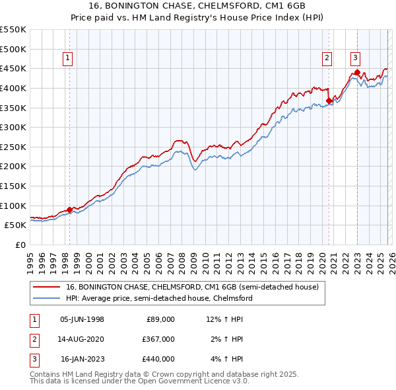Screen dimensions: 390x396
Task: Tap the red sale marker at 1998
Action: coord(69,210)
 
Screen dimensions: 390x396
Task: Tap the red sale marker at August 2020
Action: coord(329,101)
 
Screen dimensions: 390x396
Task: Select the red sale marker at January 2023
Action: coord(357,72)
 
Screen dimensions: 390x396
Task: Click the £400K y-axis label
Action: coord(13,88)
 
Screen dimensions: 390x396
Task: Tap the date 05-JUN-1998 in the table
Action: coord(82,319)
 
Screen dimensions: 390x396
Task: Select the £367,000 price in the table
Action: coord(159,339)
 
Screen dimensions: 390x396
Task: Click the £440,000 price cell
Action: coord(159,359)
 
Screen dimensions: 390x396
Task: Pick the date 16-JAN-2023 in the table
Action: coord(82,359)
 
